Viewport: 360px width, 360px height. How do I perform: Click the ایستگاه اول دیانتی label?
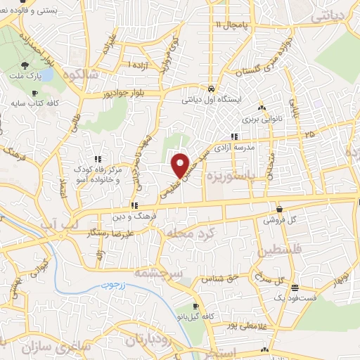tap(212, 99)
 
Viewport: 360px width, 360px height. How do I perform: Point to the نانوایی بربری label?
tap(262, 120)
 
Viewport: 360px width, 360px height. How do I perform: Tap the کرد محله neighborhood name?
tap(186, 232)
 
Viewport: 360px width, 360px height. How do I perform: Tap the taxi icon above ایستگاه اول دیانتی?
tap(212, 89)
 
